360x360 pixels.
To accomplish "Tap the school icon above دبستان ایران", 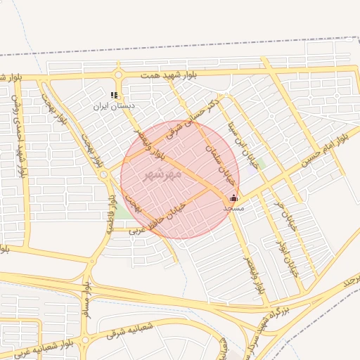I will (115, 95).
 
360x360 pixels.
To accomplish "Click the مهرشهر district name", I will (162, 173).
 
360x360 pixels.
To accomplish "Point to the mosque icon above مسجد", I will (233, 199).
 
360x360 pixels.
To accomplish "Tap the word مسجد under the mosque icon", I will (233, 209).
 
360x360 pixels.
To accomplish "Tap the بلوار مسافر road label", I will (87, 300).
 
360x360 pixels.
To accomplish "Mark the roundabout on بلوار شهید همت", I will (117, 75).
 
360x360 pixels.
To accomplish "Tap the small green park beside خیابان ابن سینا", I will (259, 165).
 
